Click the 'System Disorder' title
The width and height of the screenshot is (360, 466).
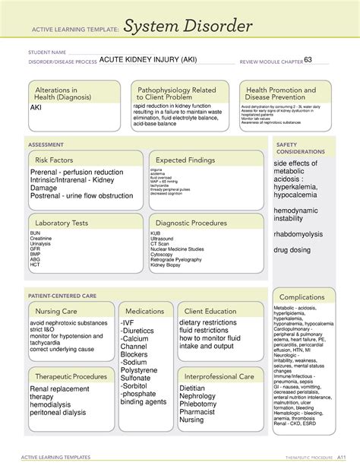coord(188,28)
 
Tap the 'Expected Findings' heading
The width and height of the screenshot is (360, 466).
coord(189,160)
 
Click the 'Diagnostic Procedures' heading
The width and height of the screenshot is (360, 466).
coord(191,223)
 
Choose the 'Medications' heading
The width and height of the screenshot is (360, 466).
coord(146,312)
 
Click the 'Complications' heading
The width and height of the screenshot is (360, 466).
coord(302,296)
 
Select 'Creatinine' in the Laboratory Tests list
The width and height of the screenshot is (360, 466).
coord(41,238)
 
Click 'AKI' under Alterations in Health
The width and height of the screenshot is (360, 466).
coord(36,107)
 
